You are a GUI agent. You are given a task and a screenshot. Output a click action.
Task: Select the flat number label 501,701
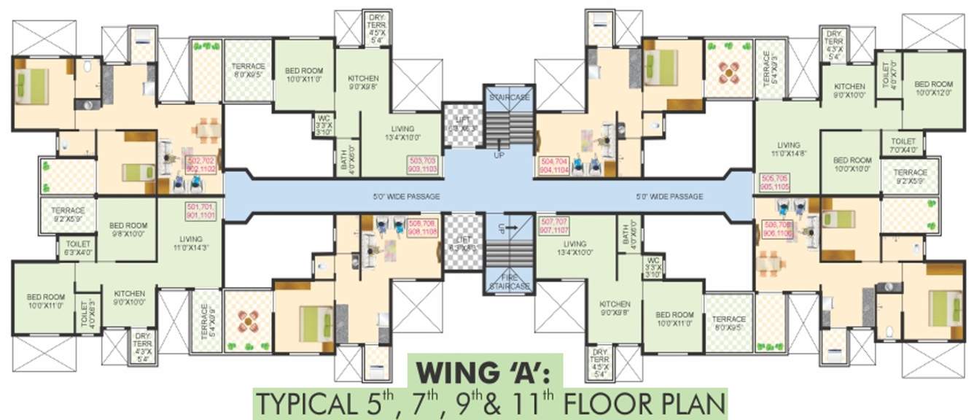(201, 211)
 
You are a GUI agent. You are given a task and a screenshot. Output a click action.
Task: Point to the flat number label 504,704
(553, 163)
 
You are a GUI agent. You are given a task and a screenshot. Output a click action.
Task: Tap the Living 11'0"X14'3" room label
(190, 243)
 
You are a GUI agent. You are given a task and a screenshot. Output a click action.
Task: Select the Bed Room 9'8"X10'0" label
(128, 230)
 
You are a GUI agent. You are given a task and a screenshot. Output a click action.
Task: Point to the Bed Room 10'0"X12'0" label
(934, 88)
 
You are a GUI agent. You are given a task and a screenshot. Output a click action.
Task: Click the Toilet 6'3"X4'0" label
(78, 248)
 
